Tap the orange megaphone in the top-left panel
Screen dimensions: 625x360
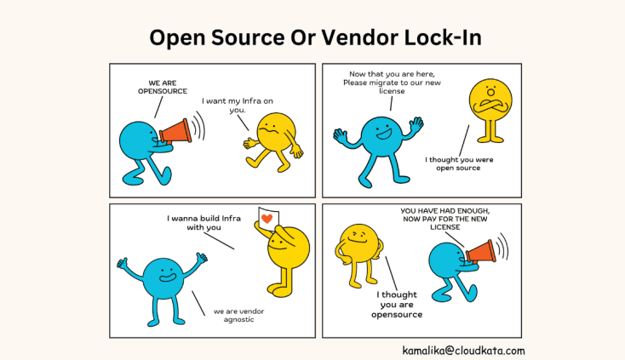click(x=175, y=132)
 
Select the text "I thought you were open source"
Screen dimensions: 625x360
click(x=452, y=163)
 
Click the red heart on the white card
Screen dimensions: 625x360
click(x=267, y=219)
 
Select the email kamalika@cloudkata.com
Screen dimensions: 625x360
click(x=464, y=350)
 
